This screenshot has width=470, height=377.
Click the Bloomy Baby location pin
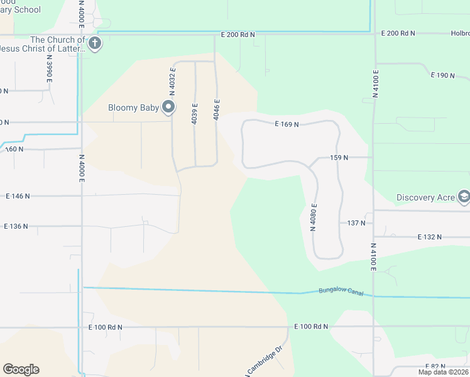coord(168,107)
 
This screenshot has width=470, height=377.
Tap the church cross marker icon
coord(95,44)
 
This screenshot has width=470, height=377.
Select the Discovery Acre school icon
coord(464,197)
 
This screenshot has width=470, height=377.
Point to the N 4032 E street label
coord(172,78)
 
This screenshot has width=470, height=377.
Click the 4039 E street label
coord(195,113)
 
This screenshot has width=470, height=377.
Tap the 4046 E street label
coord(217,109)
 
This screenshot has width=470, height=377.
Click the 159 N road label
coord(338,158)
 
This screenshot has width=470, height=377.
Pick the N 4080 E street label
coord(313,217)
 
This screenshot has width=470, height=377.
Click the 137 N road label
coord(356,223)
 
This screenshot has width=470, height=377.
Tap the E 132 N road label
coord(430,237)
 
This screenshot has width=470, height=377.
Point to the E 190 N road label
coord(442,75)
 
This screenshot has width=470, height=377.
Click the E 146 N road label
coord(17,197)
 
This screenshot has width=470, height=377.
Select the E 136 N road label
coord(17,226)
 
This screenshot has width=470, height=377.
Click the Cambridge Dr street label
coord(268,359)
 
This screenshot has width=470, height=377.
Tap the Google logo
coord(21,369)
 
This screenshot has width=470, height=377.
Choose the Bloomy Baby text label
coord(133,107)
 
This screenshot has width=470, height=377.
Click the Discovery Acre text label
coord(425,197)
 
